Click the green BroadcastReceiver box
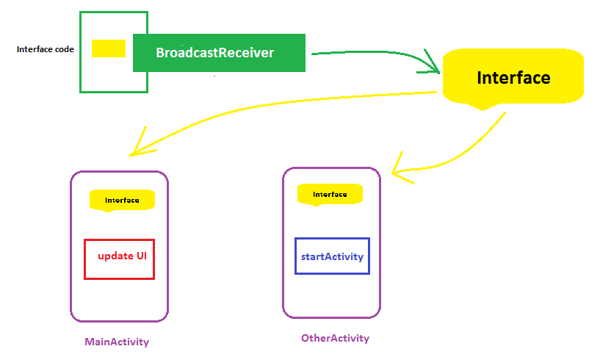point(218,53)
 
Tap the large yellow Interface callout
point(513,77)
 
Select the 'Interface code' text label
point(45,49)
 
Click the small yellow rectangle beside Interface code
point(109,48)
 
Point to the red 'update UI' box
point(119,259)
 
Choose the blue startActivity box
point(332,256)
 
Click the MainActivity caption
point(117,342)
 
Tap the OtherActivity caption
point(335,338)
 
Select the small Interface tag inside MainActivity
point(122,200)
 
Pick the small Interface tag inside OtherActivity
point(330,194)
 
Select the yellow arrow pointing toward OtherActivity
point(470,147)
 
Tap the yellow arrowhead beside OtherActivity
point(398,168)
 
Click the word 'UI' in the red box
point(142,256)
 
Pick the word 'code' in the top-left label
point(63,49)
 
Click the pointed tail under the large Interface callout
point(482,107)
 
